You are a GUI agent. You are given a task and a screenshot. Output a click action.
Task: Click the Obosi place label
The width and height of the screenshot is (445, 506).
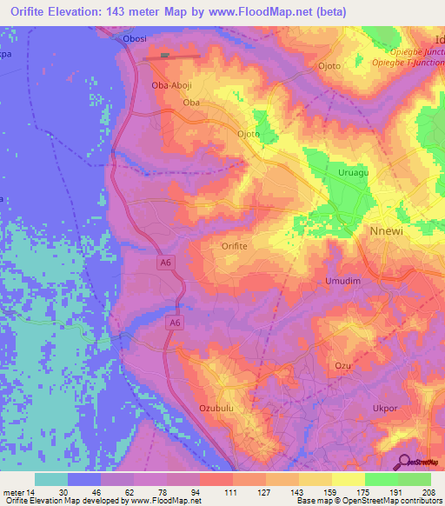coord(136,38)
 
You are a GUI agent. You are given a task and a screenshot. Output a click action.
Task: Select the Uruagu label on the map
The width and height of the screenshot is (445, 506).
coord(354,173)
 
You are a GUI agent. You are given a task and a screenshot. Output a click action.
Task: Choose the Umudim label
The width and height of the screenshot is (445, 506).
coord(342,282)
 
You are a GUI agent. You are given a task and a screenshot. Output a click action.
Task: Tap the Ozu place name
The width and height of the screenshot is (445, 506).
coord(342,366)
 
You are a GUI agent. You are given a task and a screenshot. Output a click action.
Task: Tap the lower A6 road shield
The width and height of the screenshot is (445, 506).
coord(176,323)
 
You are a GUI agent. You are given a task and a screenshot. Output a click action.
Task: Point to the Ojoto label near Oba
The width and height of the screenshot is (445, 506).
coord(249,134)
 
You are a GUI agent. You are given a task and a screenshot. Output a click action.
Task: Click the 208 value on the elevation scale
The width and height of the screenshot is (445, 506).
coord(426,492)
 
